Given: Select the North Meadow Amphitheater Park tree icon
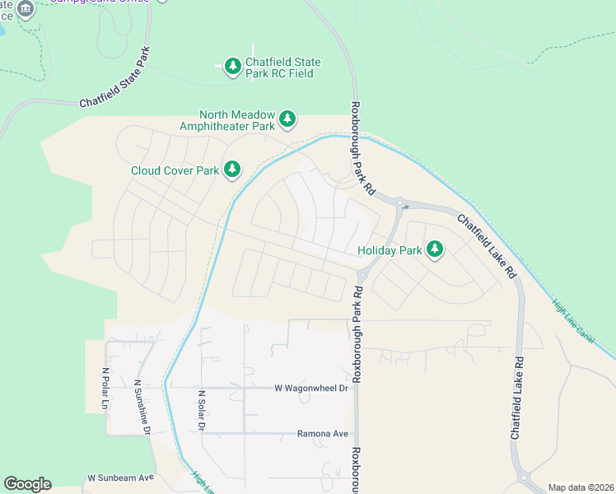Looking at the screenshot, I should tap(287, 120).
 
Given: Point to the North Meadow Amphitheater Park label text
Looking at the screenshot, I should tap(227, 121).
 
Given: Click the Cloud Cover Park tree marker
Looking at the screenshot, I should tap(233, 170).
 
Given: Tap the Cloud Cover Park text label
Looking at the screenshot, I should tap(175, 170).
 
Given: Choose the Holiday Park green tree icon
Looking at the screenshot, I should tap(434, 249).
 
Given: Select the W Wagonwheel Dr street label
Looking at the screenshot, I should tap(310, 387).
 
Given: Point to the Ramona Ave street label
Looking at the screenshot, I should tap(323, 433).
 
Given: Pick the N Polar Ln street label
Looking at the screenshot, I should tap(105, 388).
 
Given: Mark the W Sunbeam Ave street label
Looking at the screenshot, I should tap(121, 478).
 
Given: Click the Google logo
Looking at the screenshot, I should tap(27, 484).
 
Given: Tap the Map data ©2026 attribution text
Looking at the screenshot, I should tap(581, 487).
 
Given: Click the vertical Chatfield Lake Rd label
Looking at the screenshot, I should tap(517, 397).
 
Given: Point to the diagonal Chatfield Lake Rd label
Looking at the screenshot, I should tap(487, 245).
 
